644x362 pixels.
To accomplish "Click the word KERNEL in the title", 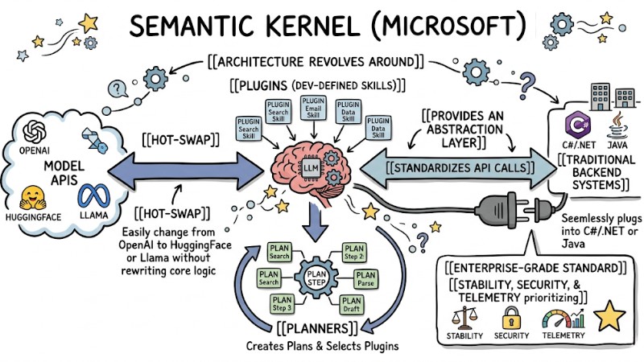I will pyautogui.click(x=317, y=28).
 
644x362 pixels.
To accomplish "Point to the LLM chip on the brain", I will pyautogui.click(x=310, y=168).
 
